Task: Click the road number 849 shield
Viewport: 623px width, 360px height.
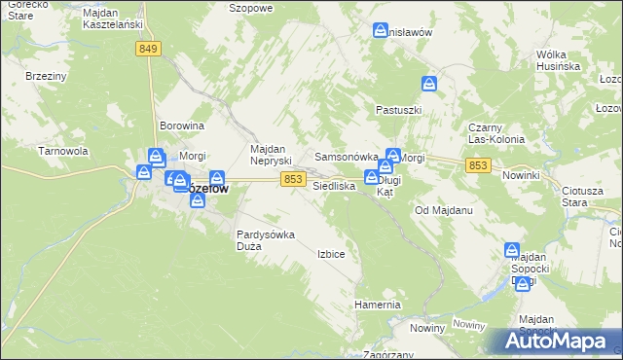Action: [148, 49]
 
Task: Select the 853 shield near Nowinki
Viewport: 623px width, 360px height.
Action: [477, 166]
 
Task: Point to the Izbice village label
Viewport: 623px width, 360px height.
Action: [331, 254]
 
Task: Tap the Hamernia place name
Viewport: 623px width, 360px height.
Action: [377, 305]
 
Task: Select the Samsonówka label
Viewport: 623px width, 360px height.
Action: [346, 157]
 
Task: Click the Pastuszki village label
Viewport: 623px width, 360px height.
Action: [399, 111]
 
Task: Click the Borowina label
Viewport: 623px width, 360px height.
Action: [182, 126]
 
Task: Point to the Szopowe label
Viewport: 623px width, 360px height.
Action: [248, 7]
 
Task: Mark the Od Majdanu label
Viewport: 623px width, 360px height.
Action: [443, 211]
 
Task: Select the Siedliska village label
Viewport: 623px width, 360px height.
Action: [333, 185]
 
